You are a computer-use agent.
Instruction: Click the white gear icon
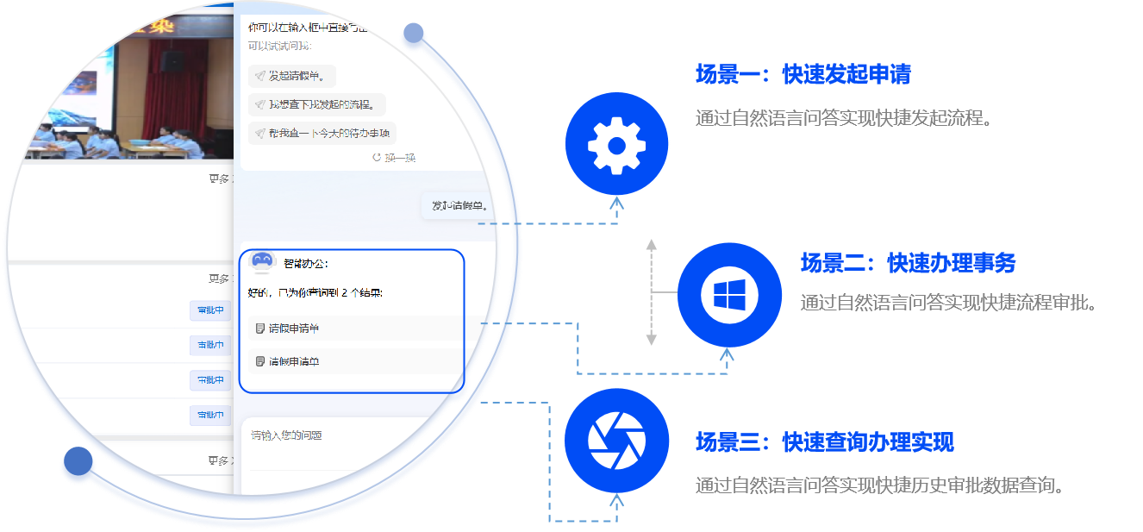coord(616,144)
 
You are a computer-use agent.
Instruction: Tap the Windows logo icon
coord(729,295)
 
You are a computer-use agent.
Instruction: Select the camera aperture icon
coord(616,441)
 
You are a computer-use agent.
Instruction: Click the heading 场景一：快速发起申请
coord(803,75)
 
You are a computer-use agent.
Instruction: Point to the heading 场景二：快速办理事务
coord(908,263)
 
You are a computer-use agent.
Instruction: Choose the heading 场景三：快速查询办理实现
coord(824,443)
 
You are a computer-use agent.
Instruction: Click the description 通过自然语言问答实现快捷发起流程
coord(844,118)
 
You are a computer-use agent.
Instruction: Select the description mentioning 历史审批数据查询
coord(879,485)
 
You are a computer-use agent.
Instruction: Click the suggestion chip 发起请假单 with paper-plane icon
coord(292,76)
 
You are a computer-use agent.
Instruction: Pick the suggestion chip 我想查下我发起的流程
coord(317,105)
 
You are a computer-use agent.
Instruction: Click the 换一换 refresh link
coord(394,158)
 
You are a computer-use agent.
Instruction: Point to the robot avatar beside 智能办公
coord(261,262)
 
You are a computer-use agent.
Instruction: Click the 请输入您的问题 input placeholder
coord(286,435)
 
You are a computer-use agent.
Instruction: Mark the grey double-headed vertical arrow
coord(652,293)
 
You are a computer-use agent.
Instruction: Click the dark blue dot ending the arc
coord(78,462)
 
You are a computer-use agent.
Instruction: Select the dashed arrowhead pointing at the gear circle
coord(616,204)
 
